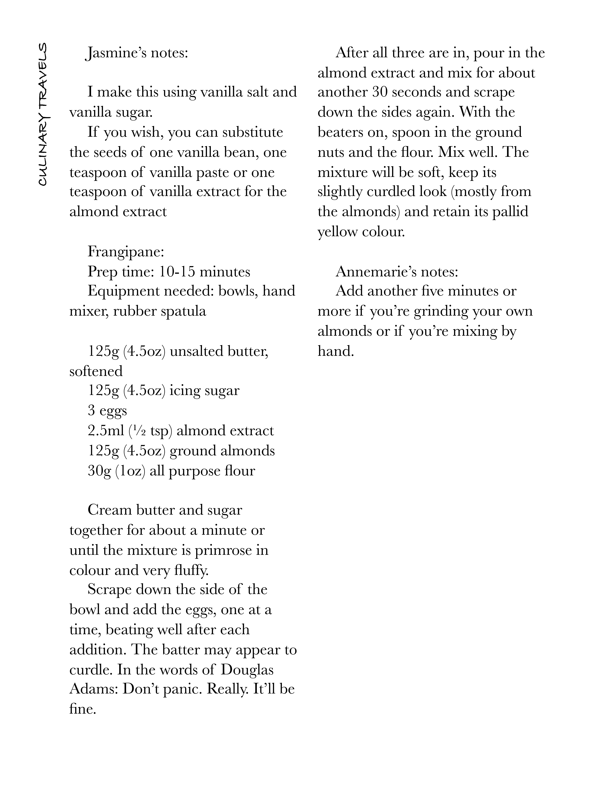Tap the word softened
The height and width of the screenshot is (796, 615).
[x=96, y=371]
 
